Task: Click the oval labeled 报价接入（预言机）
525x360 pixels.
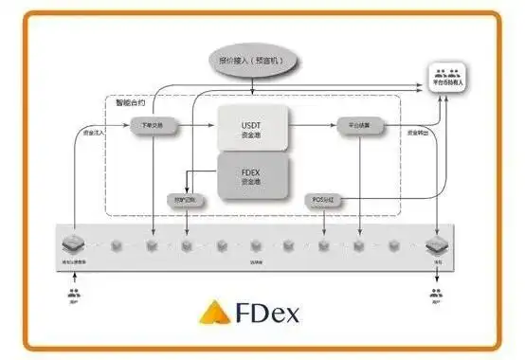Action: coord(252,62)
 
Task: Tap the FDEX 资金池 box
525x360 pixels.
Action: coord(251,175)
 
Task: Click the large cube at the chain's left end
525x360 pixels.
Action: coord(72,244)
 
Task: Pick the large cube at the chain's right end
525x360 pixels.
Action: coord(437,244)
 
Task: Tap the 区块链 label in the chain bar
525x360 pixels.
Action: coord(256,260)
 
